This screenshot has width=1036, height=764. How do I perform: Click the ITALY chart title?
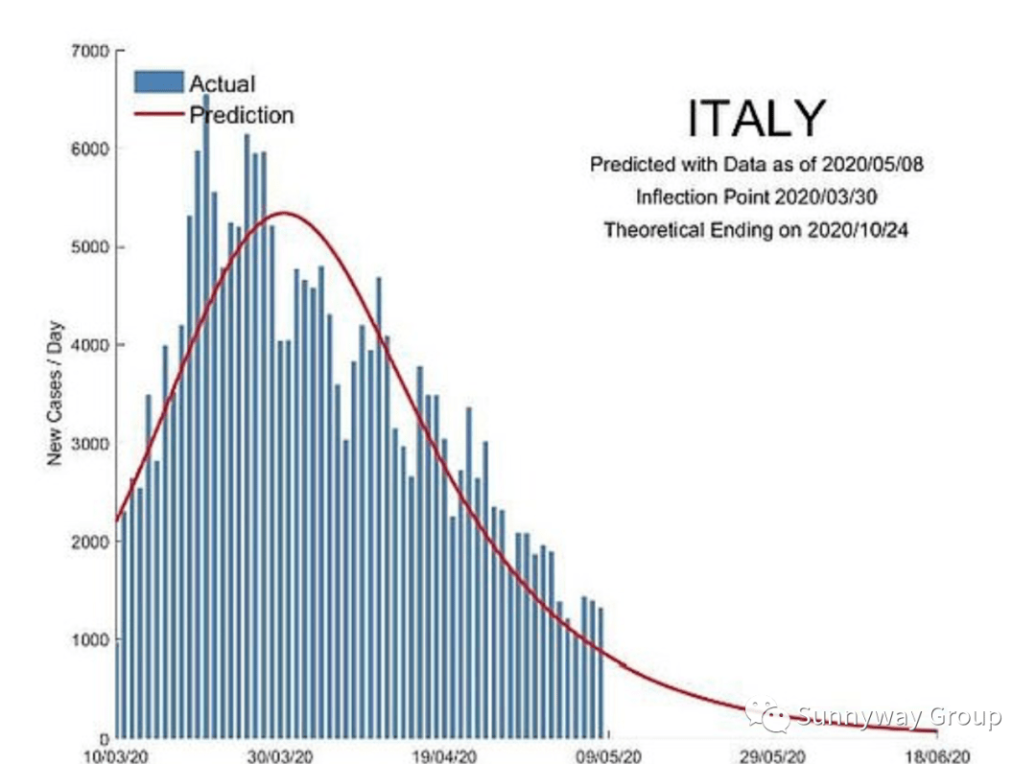(x=756, y=119)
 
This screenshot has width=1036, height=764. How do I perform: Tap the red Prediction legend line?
(x=158, y=114)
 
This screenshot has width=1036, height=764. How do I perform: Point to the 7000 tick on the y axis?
(x=92, y=51)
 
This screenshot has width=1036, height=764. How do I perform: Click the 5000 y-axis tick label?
(x=92, y=247)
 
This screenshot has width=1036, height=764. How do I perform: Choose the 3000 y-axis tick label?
(x=92, y=444)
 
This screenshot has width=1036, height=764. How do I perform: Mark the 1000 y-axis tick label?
(x=92, y=639)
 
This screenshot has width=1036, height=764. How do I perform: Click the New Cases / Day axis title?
(x=55, y=402)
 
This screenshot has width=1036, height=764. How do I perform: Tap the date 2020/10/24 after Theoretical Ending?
(x=855, y=230)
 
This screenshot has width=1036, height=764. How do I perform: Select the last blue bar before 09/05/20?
(x=600, y=671)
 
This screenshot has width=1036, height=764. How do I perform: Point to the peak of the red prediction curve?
(x=282, y=213)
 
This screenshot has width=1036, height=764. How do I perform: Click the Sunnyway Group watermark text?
(x=900, y=716)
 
